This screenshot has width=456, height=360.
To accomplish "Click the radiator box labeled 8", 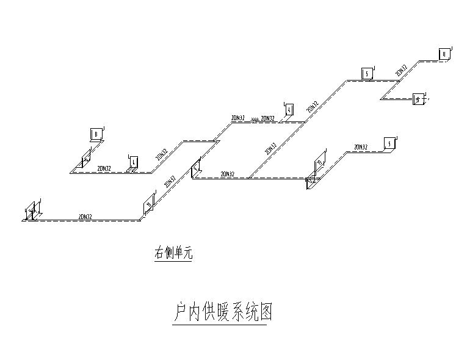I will (x=95, y=134).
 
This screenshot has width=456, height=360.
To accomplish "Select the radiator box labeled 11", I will (x=444, y=54).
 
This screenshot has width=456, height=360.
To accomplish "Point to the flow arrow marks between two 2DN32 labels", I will (x=253, y=120).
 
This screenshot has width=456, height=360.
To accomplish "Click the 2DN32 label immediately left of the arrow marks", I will (x=238, y=117).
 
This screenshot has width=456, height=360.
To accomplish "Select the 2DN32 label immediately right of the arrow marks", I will (x=267, y=118).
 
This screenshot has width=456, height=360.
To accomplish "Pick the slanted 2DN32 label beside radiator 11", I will (x=401, y=70).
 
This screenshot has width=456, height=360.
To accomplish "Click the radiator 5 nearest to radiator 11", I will (x=366, y=74).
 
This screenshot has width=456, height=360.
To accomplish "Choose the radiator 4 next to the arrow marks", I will (x=289, y=109).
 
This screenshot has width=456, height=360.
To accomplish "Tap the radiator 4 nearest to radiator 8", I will (x=133, y=162).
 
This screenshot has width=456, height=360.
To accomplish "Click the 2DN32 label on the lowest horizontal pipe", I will (x=85, y=216).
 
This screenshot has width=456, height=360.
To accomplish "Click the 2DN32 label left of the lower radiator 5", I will (x=361, y=147).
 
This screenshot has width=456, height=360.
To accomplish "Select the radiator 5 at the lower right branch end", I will (x=389, y=143).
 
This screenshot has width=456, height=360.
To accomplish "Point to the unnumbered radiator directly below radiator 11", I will (x=418, y=98).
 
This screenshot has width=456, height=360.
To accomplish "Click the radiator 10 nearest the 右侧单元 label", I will (x=148, y=205).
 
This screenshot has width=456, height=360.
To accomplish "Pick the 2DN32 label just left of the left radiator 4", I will (x=104, y=168).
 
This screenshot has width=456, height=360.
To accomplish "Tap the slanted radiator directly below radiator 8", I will (x=85, y=162).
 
